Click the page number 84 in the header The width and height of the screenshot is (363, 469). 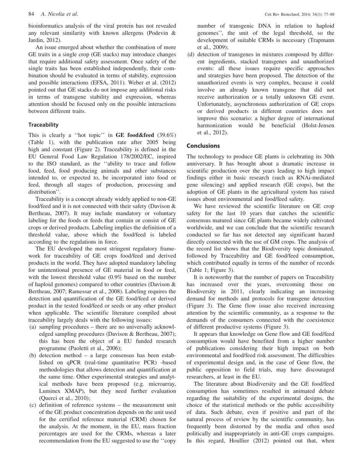[31, 15]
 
